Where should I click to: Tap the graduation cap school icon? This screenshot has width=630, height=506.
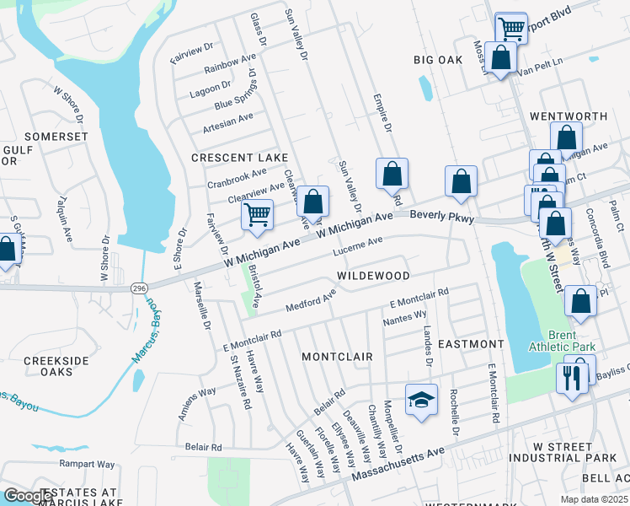click(x=421, y=400)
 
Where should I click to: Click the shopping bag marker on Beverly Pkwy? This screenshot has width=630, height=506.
click(x=461, y=181)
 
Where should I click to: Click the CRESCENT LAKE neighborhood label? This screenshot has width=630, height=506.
click(x=239, y=158)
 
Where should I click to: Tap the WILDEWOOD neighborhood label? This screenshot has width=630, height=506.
click(x=373, y=276)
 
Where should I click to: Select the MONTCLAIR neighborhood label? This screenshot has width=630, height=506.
click(x=337, y=357)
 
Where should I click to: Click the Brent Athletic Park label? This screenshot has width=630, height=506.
click(x=562, y=341)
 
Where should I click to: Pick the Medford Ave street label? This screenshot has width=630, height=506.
click(x=311, y=299)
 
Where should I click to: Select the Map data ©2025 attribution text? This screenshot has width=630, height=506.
click(x=593, y=499)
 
